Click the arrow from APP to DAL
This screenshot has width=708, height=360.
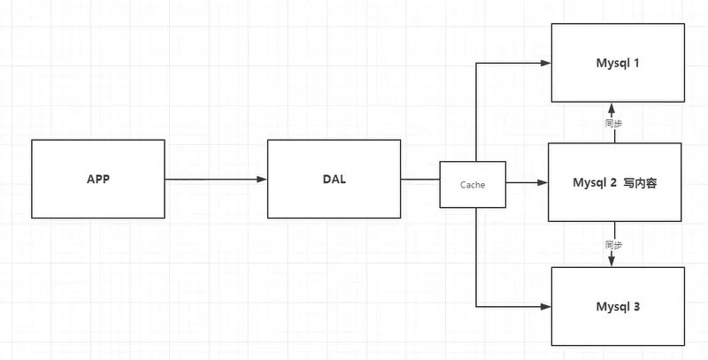coord(212,180)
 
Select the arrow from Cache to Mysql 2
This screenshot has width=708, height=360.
coord(527,183)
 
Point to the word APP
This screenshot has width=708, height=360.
coord(97,179)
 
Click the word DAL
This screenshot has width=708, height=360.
coord(335,179)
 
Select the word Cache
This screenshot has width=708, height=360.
coord(473,184)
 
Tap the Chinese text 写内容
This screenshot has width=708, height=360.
coord(639,183)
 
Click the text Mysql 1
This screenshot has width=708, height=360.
coord(618,65)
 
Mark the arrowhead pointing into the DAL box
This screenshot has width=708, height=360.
coord(261,180)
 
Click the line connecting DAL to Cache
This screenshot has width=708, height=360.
coord(420,180)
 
